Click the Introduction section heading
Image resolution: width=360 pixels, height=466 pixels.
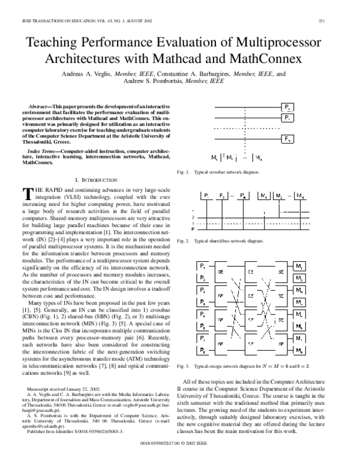pyautogui.click(x=99, y=180)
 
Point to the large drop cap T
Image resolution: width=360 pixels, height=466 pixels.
pyautogui.click(x=26, y=193)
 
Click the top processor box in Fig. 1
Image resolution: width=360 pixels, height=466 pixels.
pyautogui.click(x=287, y=107)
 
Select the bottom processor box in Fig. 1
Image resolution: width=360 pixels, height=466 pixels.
pyautogui.click(x=287, y=139)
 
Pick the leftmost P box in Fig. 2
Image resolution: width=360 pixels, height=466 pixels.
pyautogui.click(x=205, y=196)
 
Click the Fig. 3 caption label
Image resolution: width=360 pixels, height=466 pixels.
pyautogui.click(x=183, y=365)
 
